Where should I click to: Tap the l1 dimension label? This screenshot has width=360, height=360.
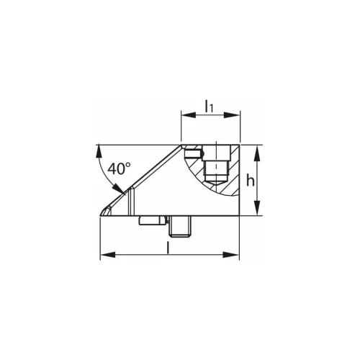tap(209, 107)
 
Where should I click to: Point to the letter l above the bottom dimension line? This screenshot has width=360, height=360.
tap(168, 248)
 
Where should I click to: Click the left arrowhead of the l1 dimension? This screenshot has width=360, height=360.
tap(189, 115)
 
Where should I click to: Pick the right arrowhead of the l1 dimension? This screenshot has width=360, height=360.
tap(232, 115)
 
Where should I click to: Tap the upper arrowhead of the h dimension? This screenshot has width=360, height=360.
tap(257, 153)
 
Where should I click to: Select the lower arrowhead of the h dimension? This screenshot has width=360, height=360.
tap(257, 207)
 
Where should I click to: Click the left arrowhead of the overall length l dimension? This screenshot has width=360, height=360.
tap(108, 255)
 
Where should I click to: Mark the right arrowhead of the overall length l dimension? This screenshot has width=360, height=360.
tap(231, 255)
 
